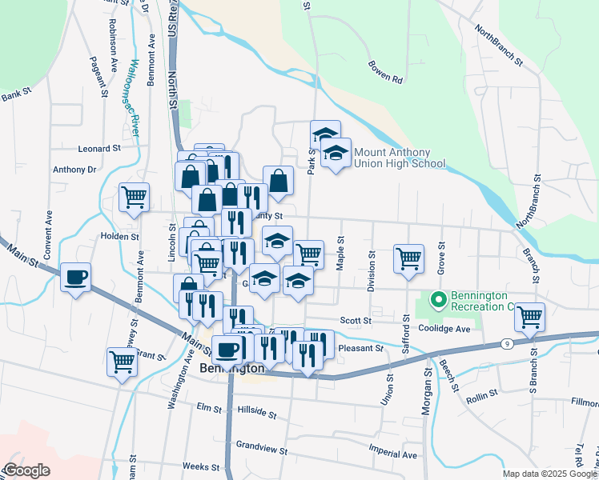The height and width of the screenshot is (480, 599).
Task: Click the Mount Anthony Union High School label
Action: (399, 158)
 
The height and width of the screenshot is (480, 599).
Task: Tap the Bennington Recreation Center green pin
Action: (438, 301)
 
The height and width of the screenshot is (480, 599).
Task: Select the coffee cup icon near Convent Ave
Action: (76, 278)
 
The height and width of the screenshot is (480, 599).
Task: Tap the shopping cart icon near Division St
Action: (408, 259)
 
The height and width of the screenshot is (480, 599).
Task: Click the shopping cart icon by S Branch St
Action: (529, 317)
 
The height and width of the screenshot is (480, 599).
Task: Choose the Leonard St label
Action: (98, 148)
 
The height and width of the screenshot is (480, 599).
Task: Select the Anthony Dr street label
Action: (74, 170)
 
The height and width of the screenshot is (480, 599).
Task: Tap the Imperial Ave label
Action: (393, 454)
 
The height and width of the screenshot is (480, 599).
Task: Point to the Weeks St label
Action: (200, 466)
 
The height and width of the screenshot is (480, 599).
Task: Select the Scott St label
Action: (356, 320)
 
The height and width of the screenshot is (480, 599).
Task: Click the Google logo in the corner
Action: (26, 470)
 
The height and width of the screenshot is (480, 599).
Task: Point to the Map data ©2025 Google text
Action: (549, 474)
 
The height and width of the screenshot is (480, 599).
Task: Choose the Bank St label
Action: (16, 96)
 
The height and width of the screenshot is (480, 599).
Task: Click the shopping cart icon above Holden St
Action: (134, 197)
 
